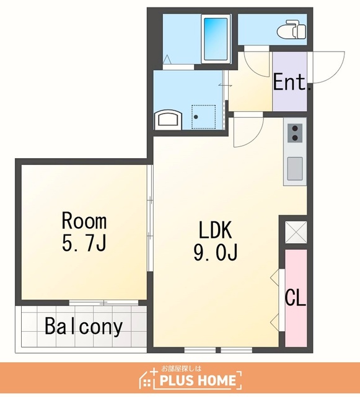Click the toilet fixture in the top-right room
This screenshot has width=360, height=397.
click(292, 29)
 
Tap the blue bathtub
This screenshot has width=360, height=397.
click(215, 38)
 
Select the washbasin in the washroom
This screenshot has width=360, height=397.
click(169, 120)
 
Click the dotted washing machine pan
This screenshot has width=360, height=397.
click(204, 117)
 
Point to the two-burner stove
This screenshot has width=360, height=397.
click(295, 132)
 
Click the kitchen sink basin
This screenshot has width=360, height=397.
click(295, 169)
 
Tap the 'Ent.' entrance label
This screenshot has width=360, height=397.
click(292, 81)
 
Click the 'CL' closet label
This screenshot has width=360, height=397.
click(296, 298)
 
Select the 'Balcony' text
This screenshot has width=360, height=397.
click(84, 326)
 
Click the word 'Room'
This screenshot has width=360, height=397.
click(84, 221)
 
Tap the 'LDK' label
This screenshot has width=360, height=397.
click(215, 230)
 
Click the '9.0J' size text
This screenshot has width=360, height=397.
click(215, 252)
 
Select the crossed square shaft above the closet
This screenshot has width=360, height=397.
click(296, 232)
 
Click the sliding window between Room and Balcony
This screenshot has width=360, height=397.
click(103, 302)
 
